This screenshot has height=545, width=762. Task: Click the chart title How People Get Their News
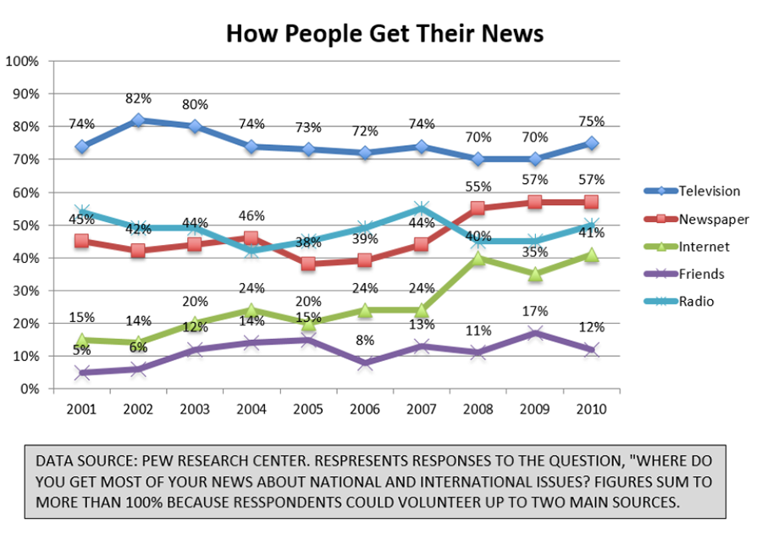click(384, 33)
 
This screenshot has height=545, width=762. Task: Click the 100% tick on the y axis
click(22, 61)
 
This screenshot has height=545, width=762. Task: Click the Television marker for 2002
click(138, 120)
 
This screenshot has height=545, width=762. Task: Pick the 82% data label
click(138, 98)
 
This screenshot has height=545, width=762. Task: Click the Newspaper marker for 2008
click(478, 209)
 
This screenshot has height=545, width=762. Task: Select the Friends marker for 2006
click(365, 363)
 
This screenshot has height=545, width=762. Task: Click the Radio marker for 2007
click(421, 209)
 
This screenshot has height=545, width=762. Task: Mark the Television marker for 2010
click(590, 143)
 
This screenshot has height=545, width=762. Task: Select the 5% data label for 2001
click(81, 351)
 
